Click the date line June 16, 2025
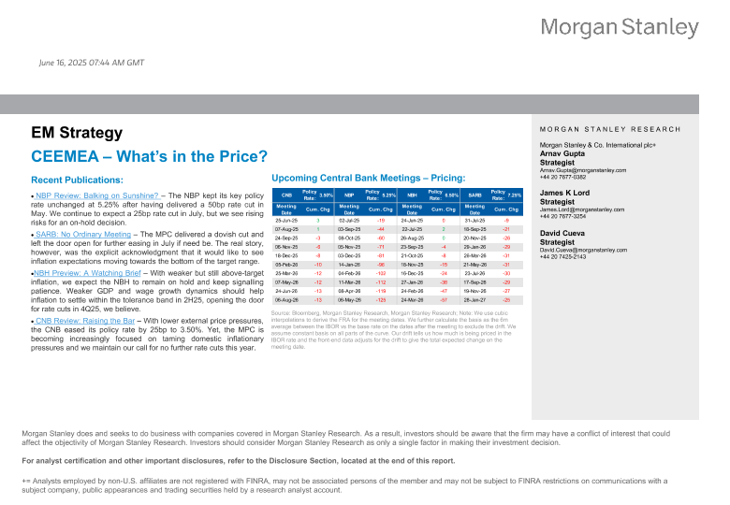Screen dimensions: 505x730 (x=92, y=63)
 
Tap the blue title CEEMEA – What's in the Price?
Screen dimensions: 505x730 (x=150, y=156)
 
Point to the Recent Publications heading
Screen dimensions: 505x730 (x=77, y=179)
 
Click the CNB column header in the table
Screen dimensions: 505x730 (x=286, y=195)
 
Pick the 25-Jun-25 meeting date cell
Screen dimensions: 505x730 (x=286, y=220)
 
